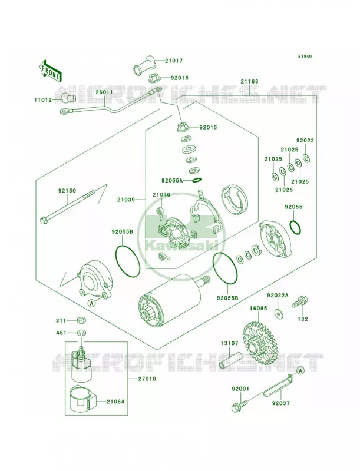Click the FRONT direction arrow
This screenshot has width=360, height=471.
click(x=51, y=71)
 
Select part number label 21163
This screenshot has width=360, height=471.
click(x=249, y=81)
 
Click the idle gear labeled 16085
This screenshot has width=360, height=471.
click(x=259, y=343)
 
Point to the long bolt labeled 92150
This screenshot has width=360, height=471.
click(x=68, y=207)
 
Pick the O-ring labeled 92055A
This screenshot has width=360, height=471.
click(x=196, y=180)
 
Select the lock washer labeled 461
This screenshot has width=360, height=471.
click(x=80, y=333)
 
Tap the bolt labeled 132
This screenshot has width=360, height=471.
click(x=299, y=301)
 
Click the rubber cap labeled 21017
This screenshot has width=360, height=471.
click(x=145, y=65)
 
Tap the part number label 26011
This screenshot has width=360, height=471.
click(x=104, y=92)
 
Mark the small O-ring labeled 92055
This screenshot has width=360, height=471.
click(x=295, y=227)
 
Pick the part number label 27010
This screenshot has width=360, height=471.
click(x=147, y=379)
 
